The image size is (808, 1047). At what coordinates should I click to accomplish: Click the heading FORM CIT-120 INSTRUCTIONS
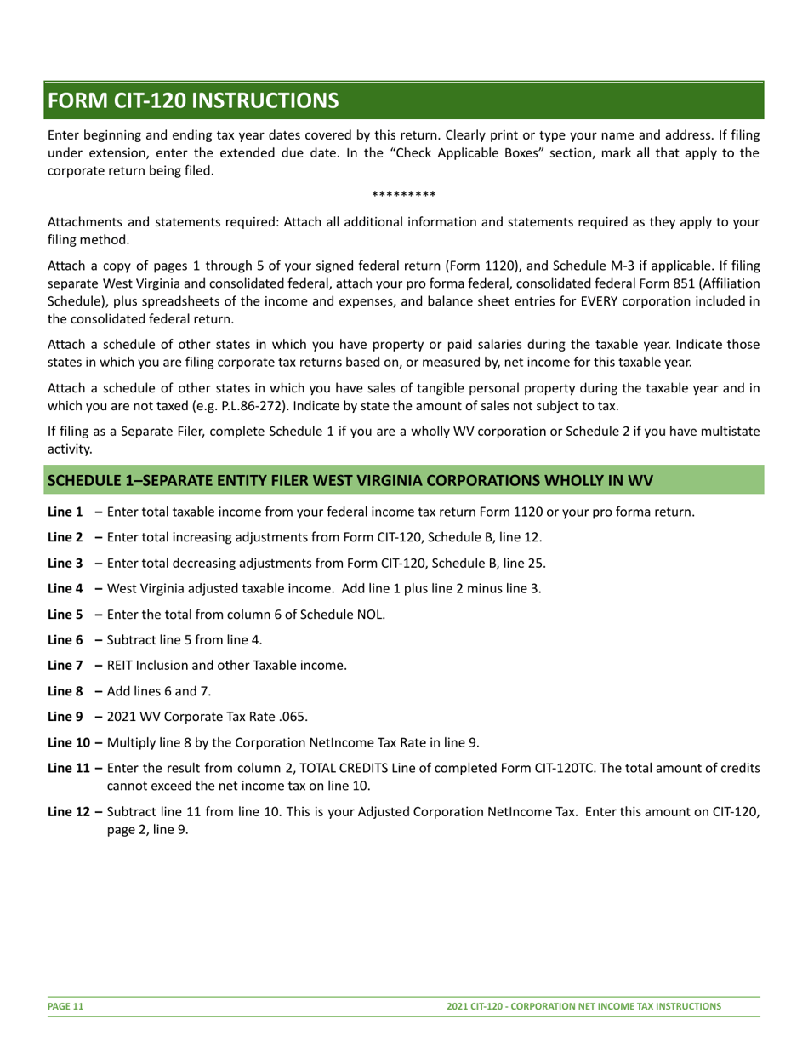[x=192, y=100]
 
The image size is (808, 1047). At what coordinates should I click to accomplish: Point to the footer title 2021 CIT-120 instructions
[x=584, y=1006]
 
